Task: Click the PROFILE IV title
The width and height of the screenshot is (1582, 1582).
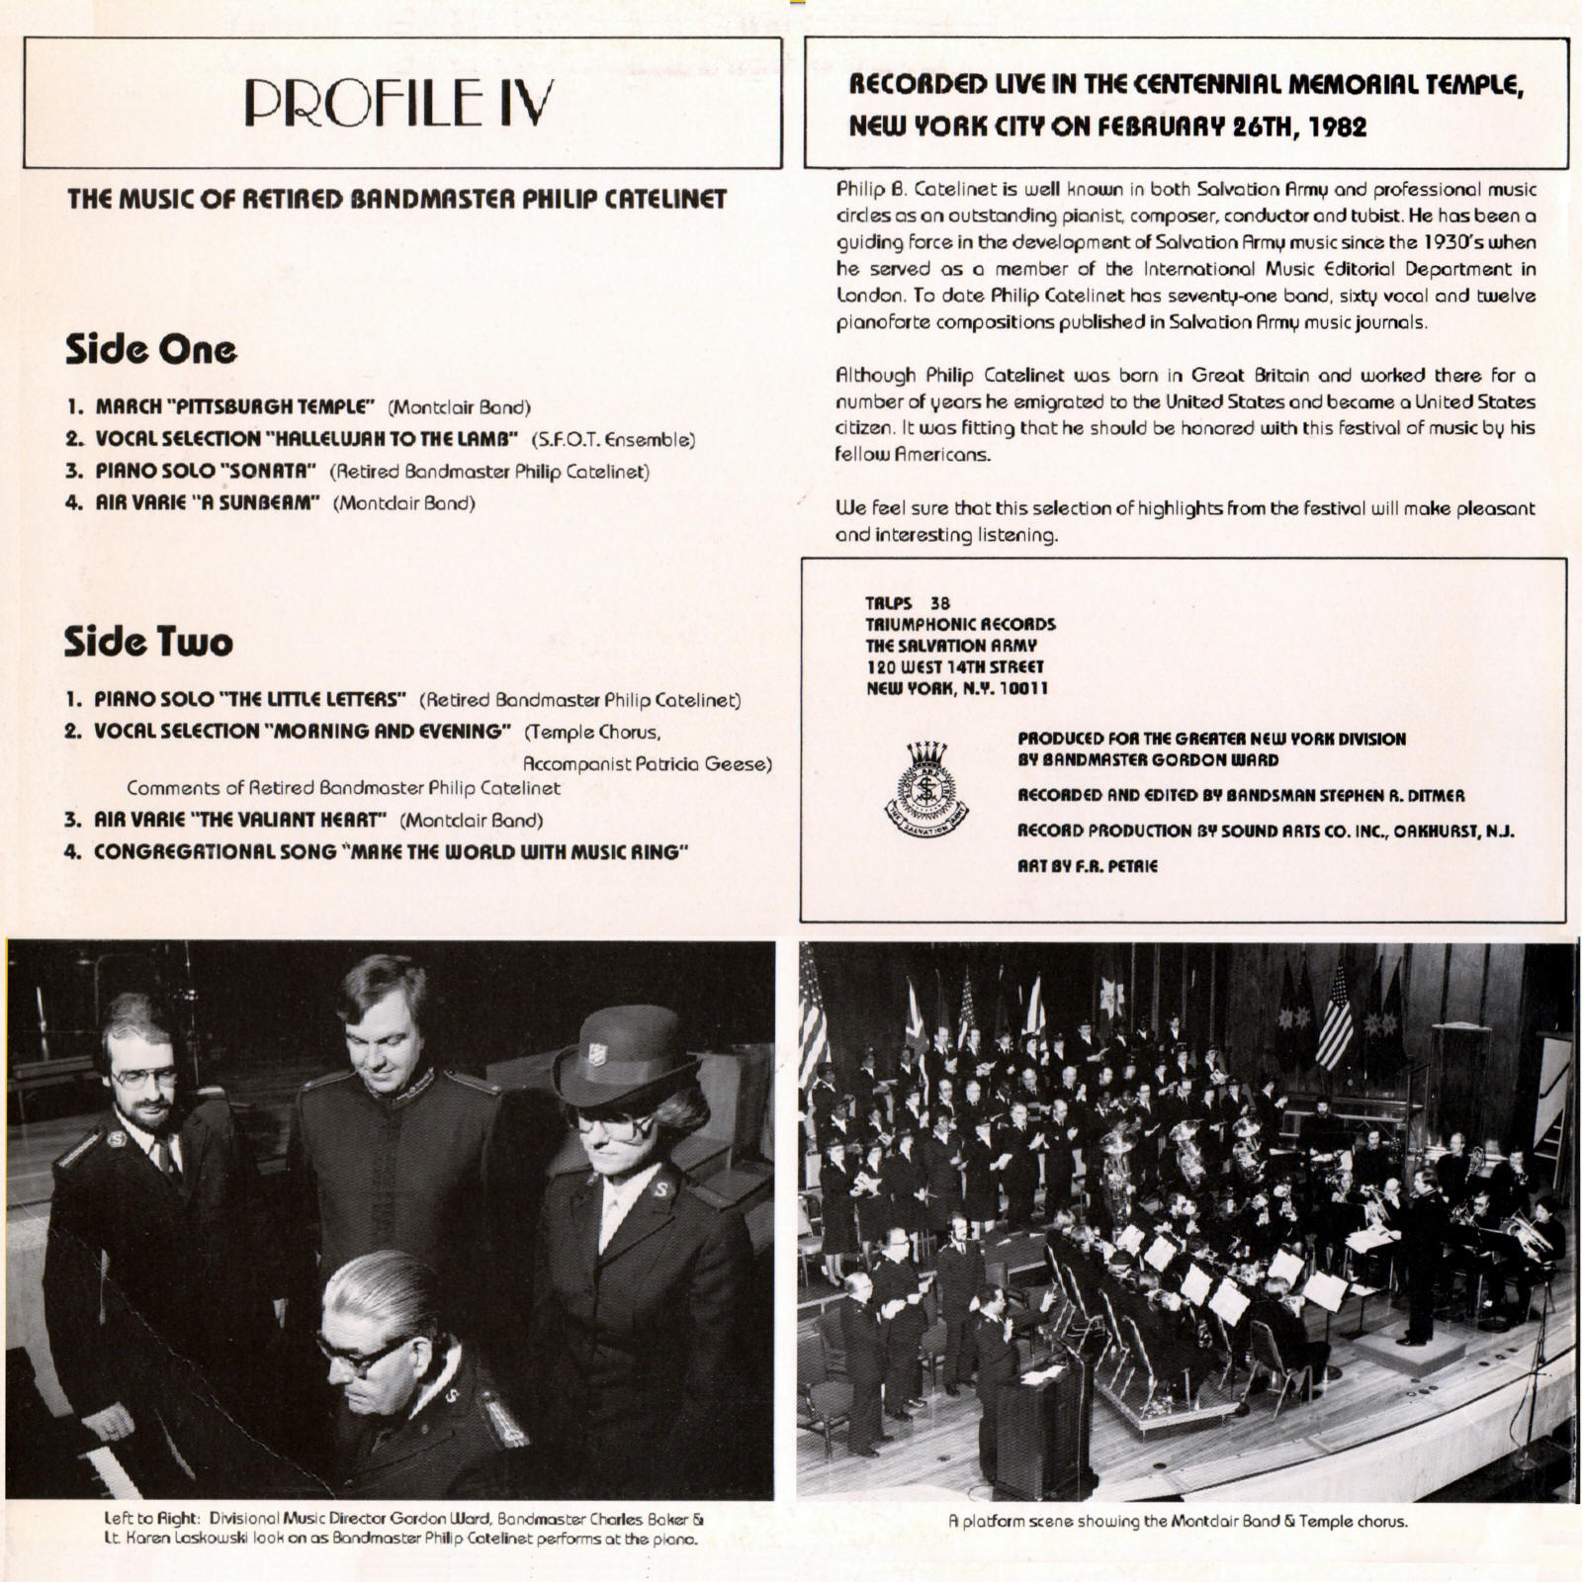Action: [x=398, y=103]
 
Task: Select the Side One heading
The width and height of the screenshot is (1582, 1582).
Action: [x=150, y=349]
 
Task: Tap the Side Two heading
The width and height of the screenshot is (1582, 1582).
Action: [x=148, y=642]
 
